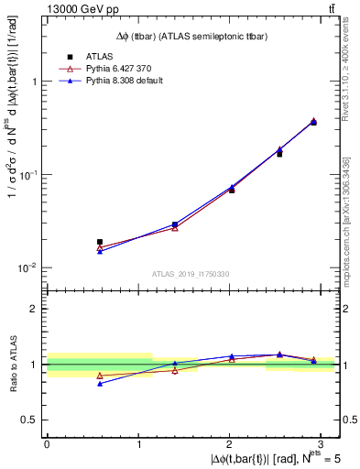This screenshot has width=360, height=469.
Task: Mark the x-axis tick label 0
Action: pyautogui.click(x=47, y=443)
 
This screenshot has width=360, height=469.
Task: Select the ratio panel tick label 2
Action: pyautogui.click(x=35, y=309)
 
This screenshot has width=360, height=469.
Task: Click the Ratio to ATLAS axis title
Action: pyautogui.click(x=12, y=364)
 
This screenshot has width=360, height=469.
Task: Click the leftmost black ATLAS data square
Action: pyautogui.click(x=100, y=242)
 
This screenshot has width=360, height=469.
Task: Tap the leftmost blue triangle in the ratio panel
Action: pyautogui.click(x=100, y=384)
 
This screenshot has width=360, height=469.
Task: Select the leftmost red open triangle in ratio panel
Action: pyautogui.click(x=100, y=376)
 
